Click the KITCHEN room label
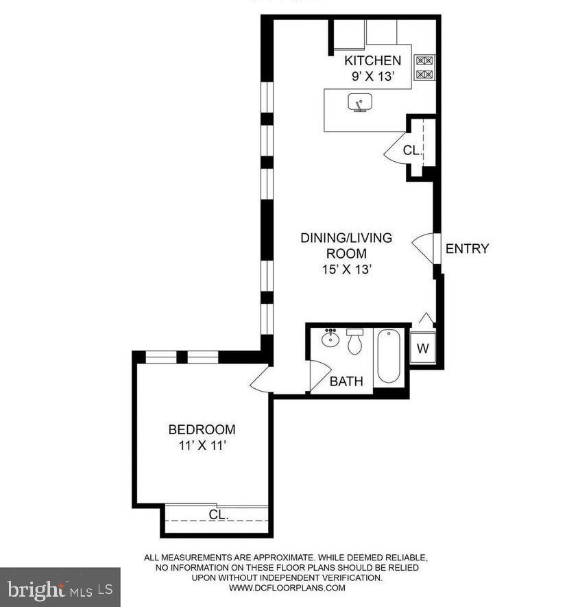tap(372, 60)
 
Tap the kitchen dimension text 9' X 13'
tap(372, 77)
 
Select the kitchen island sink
tap(359, 104)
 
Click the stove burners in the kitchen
tap(424, 67)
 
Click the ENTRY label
tap(467, 249)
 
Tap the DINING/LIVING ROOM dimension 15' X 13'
tap(346, 270)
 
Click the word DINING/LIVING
tap(346, 238)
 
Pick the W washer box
tap(422, 348)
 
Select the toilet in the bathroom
tap(354, 342)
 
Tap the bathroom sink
tap(331, 340)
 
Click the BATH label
tap(346, 382)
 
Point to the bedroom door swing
tap(261, 379)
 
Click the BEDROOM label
tap(202, 430)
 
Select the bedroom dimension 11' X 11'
tap(202, 446)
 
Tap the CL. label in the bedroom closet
tap(218, 514)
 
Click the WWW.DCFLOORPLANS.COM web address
tap(287, 588)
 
